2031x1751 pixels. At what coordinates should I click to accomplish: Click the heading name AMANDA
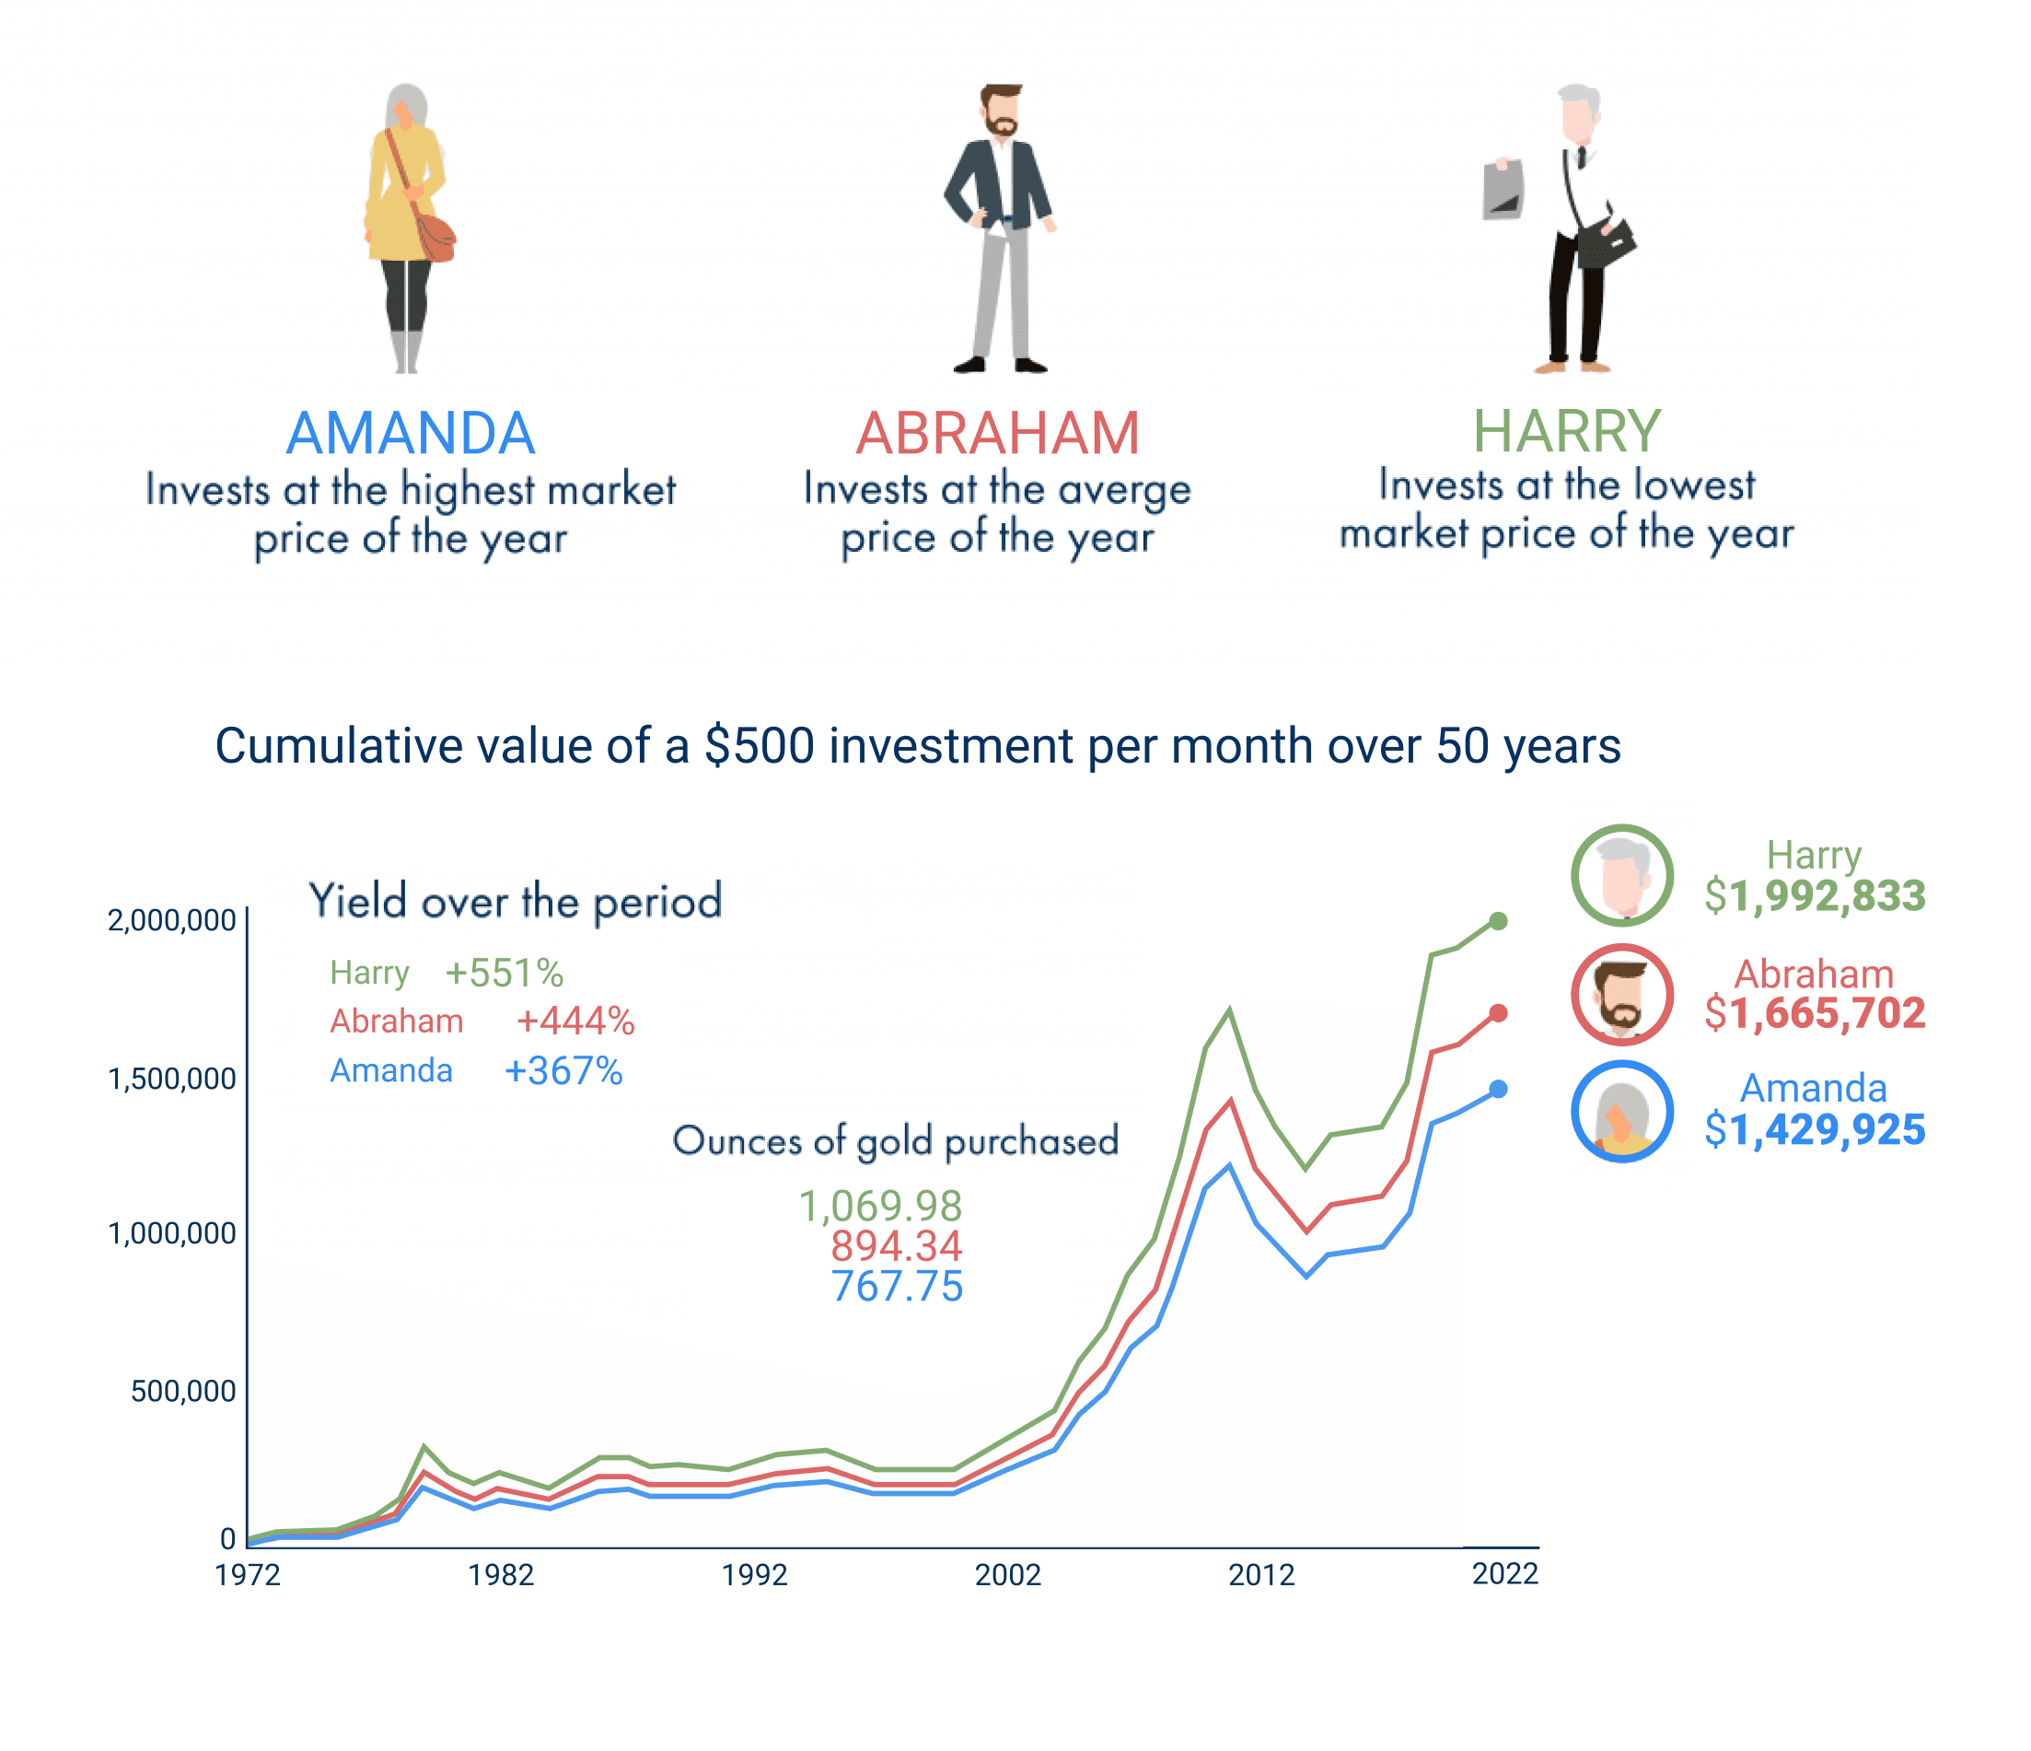pos(411,433)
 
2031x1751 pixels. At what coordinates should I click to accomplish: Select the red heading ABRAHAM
pos(998,433)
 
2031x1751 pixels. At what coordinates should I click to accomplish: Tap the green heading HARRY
pos(1566,431)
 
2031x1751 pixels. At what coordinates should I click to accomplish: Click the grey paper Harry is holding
pos(1503,190)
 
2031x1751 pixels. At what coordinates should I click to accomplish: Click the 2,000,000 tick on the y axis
pos(171,920)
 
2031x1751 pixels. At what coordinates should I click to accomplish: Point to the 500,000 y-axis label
pos(183,1390)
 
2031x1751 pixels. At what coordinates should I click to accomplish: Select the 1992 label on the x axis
pos(755,1575)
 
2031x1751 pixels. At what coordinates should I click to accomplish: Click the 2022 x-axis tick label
pos(1504,1573)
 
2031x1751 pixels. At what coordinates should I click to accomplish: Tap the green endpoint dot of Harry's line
pos(1498,920)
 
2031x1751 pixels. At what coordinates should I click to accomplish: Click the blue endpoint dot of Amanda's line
pos(1498,1090)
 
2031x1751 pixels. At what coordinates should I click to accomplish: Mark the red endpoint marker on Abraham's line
pos(1498,1013)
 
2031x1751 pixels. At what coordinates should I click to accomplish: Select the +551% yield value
pos(504,974)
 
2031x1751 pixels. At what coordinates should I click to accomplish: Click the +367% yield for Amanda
pos(563,1070)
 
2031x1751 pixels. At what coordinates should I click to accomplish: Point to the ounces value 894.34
pos(896,1246)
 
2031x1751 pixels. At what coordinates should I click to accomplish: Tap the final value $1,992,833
pos(1815,896)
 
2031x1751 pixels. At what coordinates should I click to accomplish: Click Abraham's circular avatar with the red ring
pos(1622,994)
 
